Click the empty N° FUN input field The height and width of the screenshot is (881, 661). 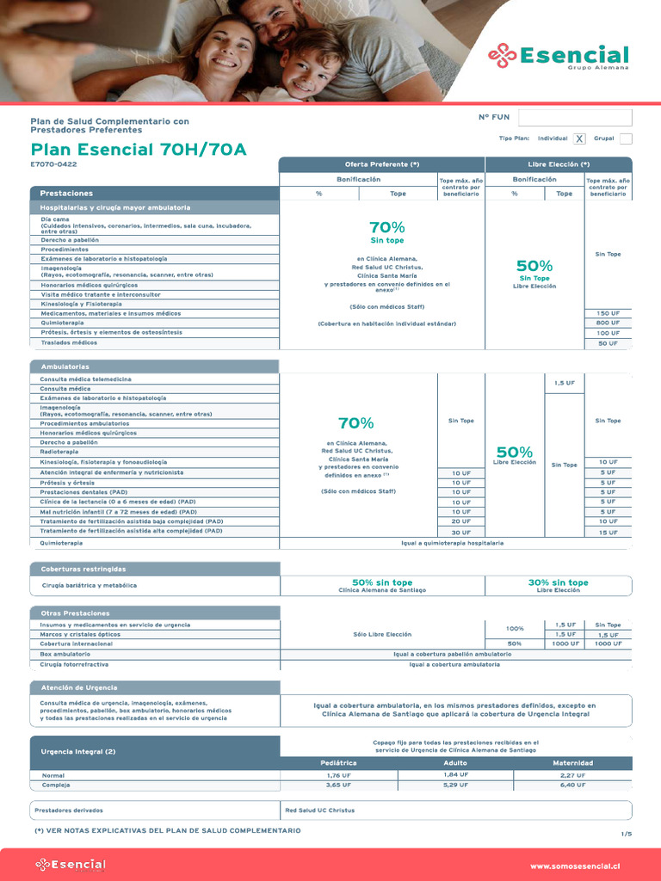pos(574,118)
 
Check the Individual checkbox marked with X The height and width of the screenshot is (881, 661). pos(579,139)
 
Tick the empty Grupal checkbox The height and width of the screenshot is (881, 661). pos(626,139)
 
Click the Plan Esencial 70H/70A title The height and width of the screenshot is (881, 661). pos(139,150)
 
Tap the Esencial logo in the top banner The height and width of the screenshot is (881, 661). pos(559,56)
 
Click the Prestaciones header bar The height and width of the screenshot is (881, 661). pos(155,194)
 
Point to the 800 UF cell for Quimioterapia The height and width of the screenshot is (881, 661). pos(608,323)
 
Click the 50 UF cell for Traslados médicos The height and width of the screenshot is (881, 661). pos(608,343)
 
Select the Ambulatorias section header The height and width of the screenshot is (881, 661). pos(155,367)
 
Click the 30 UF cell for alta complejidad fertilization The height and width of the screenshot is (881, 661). pos(460,533)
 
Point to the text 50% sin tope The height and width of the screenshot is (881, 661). pos(381,582)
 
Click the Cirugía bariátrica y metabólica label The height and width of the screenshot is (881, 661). pos(90,585)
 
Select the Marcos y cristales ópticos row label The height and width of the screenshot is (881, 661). pos(80,634)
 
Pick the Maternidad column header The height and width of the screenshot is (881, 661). pos(572,763)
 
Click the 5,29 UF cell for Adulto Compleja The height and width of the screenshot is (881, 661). pos(455,785)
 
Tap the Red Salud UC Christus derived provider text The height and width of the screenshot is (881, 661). pos(319,810)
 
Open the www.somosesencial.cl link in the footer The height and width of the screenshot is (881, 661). pos(575,866)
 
